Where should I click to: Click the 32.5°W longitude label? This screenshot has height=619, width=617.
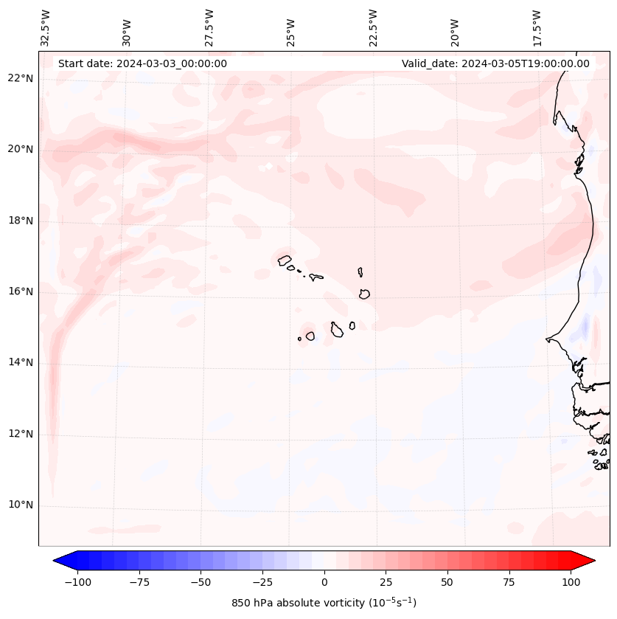coord(46,27)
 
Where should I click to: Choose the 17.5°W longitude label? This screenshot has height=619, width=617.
coord(537,27)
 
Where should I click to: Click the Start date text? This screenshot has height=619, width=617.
coord(142,63)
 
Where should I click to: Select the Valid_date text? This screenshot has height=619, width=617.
coord(495,63)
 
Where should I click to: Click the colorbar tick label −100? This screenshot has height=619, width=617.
coord(77,582)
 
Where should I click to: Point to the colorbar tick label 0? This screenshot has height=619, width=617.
coord(324,582)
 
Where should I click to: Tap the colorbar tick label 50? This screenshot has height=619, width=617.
coord(447,582)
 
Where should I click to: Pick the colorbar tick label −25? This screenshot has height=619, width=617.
coord(261,582)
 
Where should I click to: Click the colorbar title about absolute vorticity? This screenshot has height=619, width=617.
coord(324,603)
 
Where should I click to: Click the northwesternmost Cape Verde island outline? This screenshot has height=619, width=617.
coord(285,260)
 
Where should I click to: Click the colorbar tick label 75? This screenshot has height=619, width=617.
coord(509,582)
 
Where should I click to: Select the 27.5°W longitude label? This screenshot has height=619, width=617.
coord(209,27)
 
